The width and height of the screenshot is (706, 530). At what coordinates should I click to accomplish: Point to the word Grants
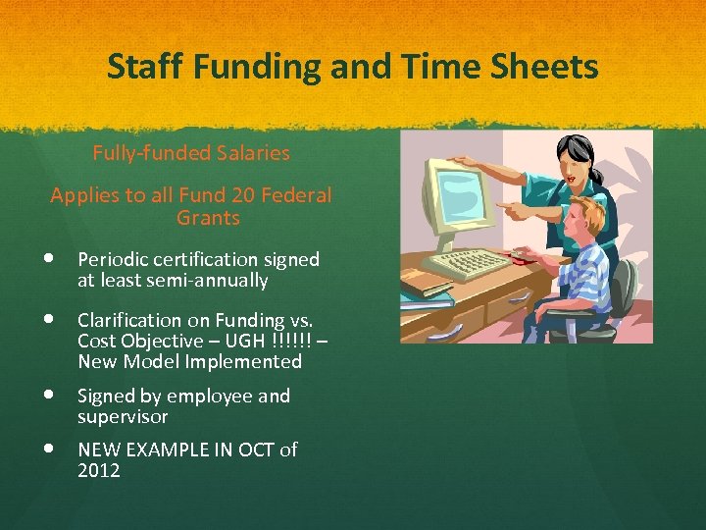pos(208,217)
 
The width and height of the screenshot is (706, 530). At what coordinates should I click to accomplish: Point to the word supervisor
pos(123,417)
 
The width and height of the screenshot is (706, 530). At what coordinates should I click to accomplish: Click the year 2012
pos(99,471)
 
